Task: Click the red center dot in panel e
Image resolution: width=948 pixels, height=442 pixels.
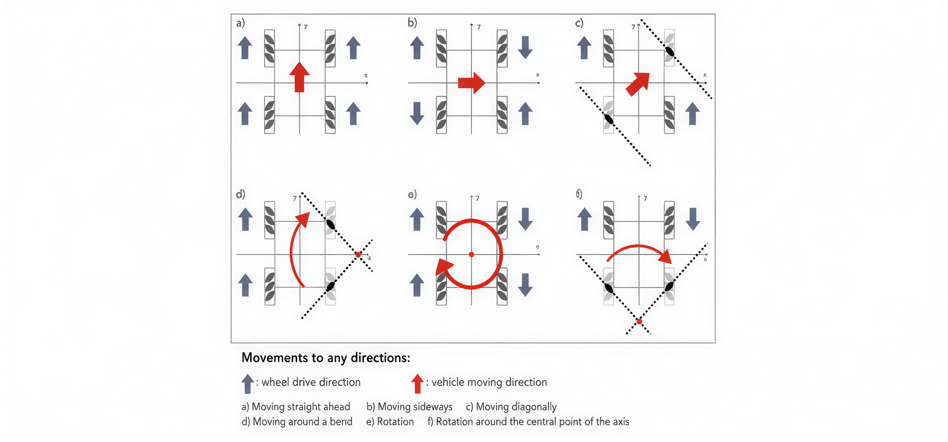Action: point(471,254)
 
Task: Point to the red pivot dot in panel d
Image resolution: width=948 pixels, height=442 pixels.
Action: point(359,254)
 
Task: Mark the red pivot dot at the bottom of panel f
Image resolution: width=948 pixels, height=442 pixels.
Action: point(639,321)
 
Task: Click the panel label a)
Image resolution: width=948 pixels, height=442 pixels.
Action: point(241,23)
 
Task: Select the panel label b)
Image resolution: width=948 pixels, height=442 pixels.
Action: point(412,23)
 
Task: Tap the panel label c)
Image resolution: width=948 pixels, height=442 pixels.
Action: point(579,23)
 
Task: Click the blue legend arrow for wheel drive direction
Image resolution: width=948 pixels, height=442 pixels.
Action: point(248,383)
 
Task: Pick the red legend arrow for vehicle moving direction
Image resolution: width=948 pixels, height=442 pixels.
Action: point(417,383)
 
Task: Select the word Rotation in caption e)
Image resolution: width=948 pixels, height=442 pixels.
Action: point(395,422)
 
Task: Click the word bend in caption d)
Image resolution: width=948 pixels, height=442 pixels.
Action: point(341,422)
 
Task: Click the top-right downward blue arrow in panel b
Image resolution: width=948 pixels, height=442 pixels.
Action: point(525,47)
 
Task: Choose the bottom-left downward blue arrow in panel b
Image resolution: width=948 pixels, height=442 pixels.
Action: point(417,113)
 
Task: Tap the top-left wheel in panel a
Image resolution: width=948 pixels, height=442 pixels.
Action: point(269,48)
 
